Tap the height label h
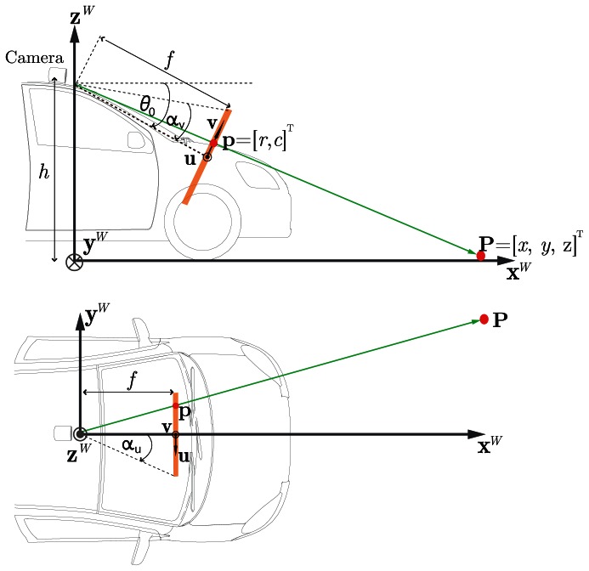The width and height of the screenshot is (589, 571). pos(42,172)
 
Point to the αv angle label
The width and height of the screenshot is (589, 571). pos(176,123)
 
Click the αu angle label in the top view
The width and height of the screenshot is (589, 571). pos(132,444)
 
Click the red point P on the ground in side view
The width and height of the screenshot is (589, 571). pos(481,255)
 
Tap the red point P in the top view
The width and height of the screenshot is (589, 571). pos(484,319)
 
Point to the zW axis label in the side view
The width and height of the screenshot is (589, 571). pos(82,14)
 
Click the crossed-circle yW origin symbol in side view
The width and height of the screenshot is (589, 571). pos(76,262)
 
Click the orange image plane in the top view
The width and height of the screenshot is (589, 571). pos(174,433)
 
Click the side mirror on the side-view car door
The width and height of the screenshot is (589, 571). pos(136,138)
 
